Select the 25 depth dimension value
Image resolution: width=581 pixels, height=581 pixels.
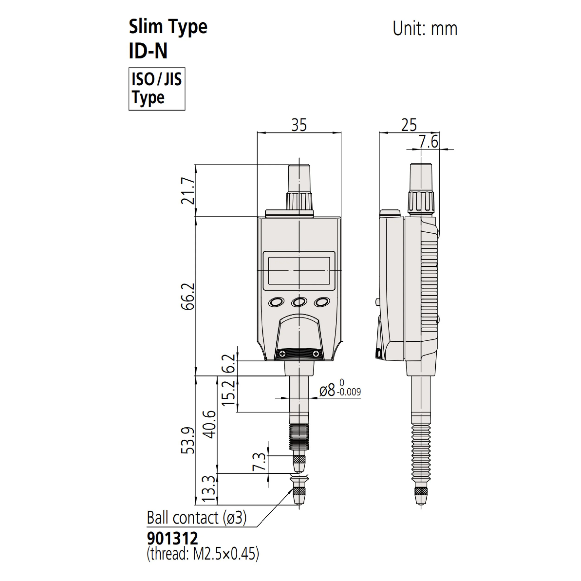tap(409, 125)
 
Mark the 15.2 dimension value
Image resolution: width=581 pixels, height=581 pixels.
tap(229, 393)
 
